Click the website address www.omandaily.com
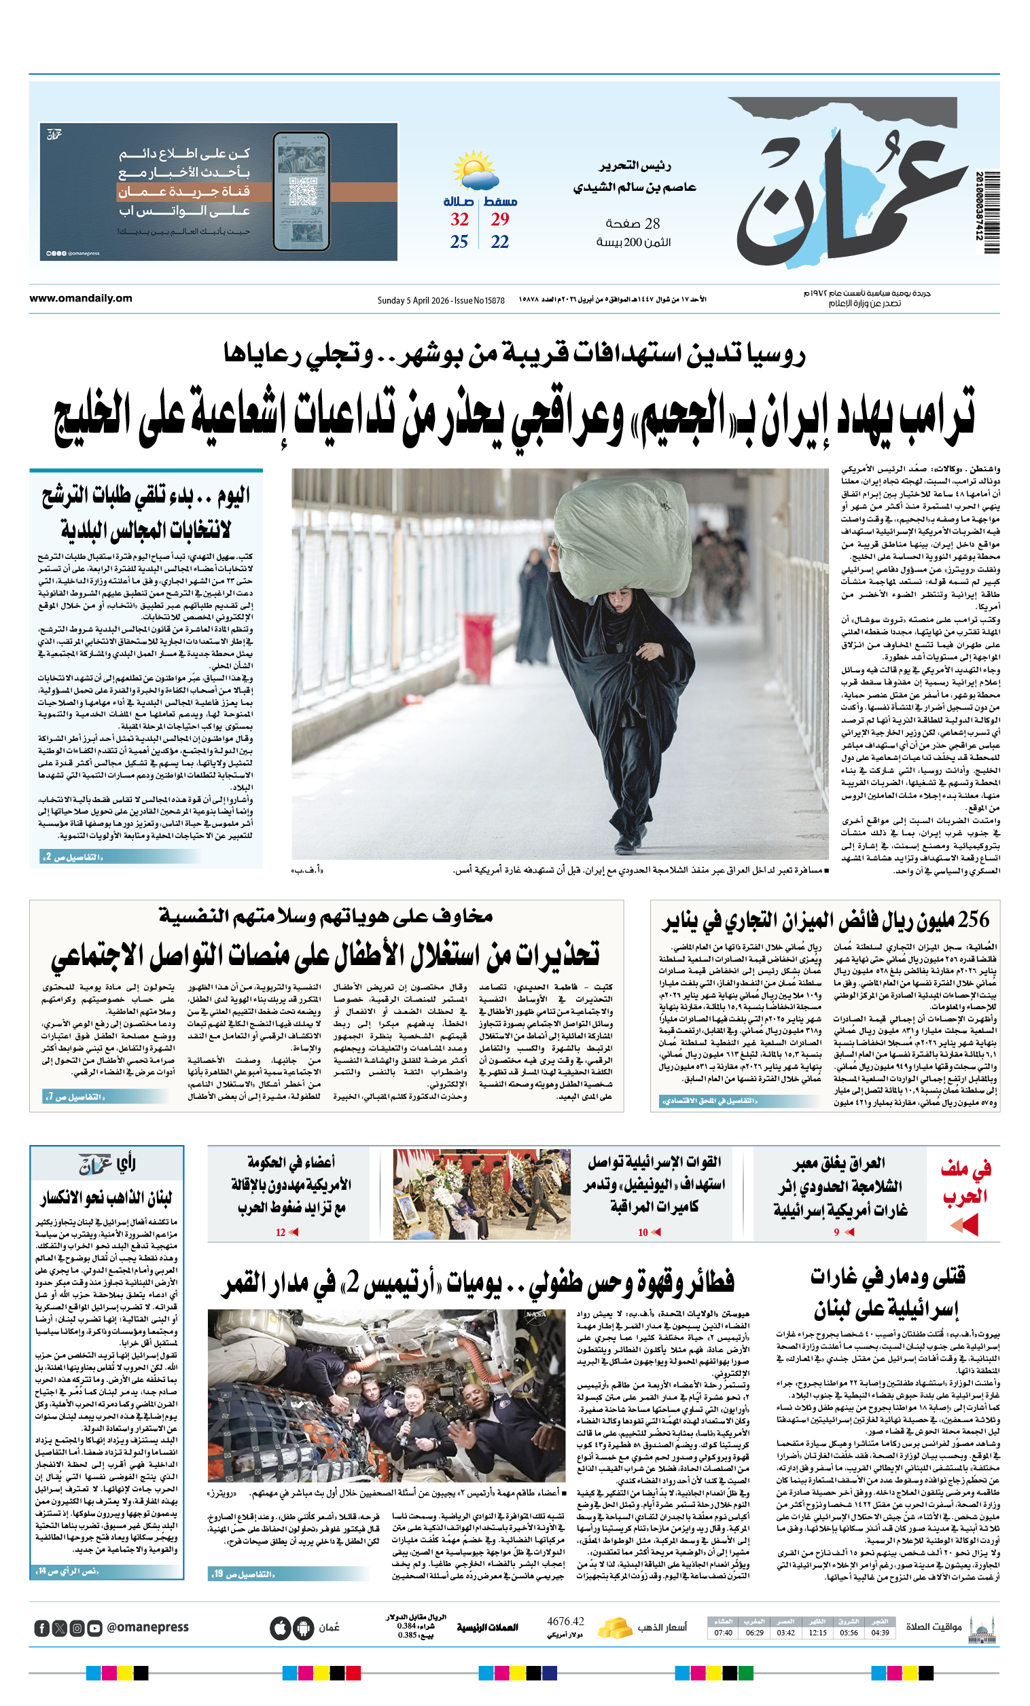pos(80,298)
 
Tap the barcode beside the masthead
pos(991,213)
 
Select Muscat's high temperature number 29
pos(499,219)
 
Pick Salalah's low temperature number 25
pos(459,242)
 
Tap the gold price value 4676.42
pos(565,1621)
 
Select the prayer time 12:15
pos(817,1633)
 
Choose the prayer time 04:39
pos(880,1633)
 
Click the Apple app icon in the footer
pos(280,1628)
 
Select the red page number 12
pos(281,1232)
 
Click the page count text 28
pos(652,223)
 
